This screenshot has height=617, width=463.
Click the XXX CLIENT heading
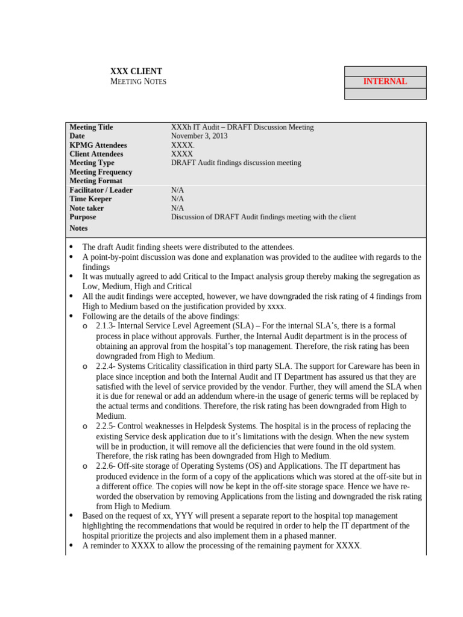tap(136, 71)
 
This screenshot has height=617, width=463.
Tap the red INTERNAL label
tap(385, 81)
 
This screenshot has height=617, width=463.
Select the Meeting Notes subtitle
tap(138, 81)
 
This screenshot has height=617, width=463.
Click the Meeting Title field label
tap(91, 127)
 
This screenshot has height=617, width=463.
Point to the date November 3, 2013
tap(200, 136)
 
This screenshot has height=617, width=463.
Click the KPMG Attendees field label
tap(98, 145)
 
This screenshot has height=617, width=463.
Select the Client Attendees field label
tap(96, 154)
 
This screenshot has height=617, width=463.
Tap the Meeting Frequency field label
tap(101, 172)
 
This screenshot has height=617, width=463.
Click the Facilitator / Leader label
tap(101, 190)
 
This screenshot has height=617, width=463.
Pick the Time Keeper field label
tap(90, 199)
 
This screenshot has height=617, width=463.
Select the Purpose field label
tap(83, 217)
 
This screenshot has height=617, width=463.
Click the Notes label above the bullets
tap(78, 228)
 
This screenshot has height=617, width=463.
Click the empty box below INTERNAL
tap(385, 94)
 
